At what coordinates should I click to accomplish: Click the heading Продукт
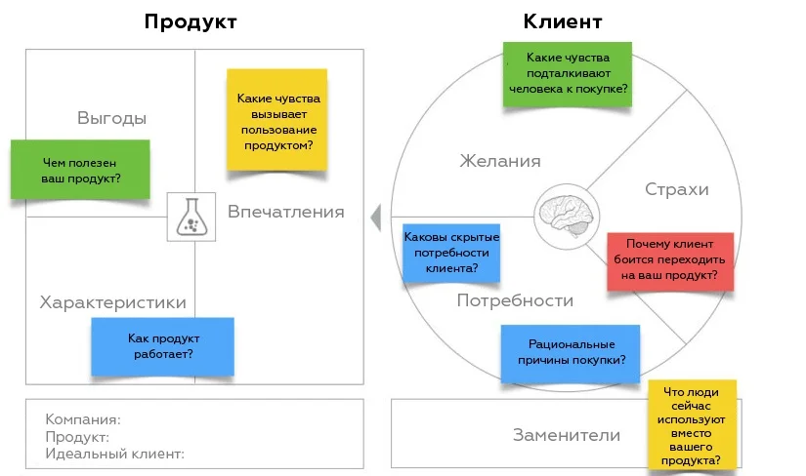tap(191, 22)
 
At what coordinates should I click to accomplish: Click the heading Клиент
tap(563, 21)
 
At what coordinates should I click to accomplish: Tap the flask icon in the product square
tap(191, 217)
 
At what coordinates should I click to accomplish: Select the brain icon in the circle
tap(567, 216)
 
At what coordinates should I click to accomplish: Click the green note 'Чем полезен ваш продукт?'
tap(80, 170)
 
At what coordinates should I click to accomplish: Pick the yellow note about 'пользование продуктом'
tap(277, 120)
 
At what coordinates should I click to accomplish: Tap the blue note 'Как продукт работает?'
tap(163, 346)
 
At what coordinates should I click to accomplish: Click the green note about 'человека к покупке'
tap(568, 74)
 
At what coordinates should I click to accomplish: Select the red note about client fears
tap(670, 261)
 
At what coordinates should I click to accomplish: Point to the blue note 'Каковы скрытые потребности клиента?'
tap(451, 253)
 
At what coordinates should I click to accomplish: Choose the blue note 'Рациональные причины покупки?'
tap(571, 353)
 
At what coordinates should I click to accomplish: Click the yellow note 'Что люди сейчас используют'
tap(692, 425)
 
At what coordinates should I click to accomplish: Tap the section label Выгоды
tap(112, 118)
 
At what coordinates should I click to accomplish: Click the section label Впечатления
tap(286, 212)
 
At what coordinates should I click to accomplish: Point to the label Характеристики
tap(113, 302)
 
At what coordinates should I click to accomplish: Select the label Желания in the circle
tap(500, 161)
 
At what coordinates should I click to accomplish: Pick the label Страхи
tap(677, 189)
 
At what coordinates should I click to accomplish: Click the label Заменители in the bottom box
tap(567, 435)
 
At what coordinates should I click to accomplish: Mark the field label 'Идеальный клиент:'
tap(114, 454)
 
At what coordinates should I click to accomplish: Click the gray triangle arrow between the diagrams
tap(377, 218)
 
